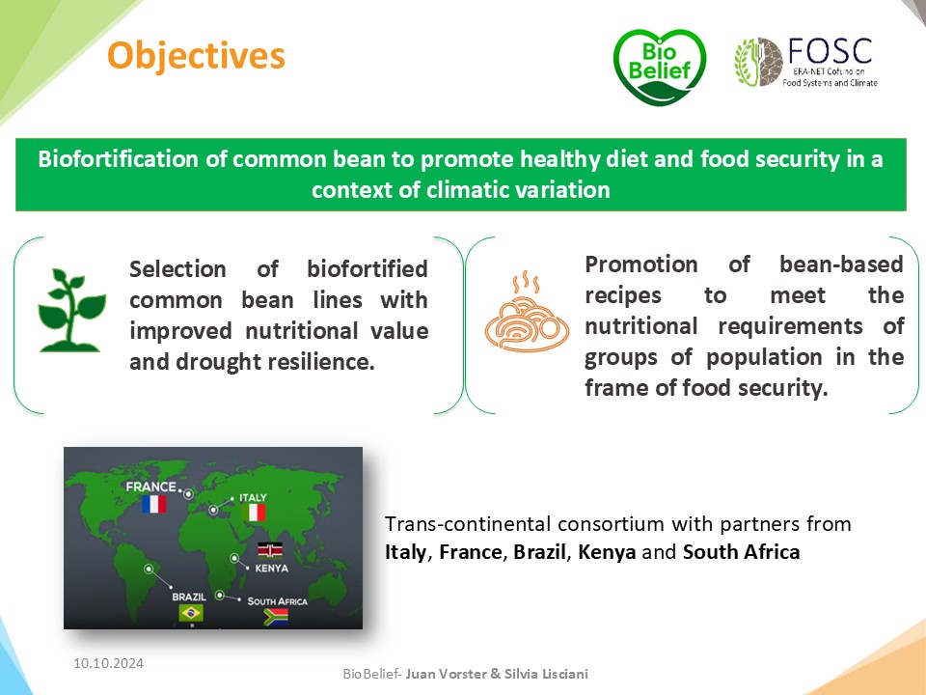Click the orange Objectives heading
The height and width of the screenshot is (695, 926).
(x=196, y=56)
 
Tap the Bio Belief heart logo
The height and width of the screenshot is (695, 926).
(x=660, y=67)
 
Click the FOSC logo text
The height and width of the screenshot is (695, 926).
(x=831, y=51)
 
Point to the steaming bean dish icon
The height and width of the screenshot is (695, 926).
(x=527, y=312)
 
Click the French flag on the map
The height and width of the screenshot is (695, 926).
(x=153, y=504)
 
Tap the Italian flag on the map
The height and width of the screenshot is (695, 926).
(x=254, y=513)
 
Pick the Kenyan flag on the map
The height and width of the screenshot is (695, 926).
(x=270, y=550)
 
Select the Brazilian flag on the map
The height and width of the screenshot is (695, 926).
(x=191, y=613)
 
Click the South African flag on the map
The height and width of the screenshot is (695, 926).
(x=276, y=617)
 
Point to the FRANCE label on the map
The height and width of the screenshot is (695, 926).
(x=150, y=486)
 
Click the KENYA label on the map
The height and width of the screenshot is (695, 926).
(x=272, y=569)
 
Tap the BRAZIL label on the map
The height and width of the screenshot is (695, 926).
(x=189, y=597)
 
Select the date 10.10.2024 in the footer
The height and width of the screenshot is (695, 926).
(x=109, y=663)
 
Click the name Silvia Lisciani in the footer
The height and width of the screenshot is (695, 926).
(x=546, y=674)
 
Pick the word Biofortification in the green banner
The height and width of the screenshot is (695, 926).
(x=116, y=159)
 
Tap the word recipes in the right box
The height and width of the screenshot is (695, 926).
(x=623, y=295)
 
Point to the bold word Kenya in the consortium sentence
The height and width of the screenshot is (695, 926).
(x=607, y=552)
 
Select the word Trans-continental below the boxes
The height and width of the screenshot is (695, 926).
(x=469, y=523)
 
